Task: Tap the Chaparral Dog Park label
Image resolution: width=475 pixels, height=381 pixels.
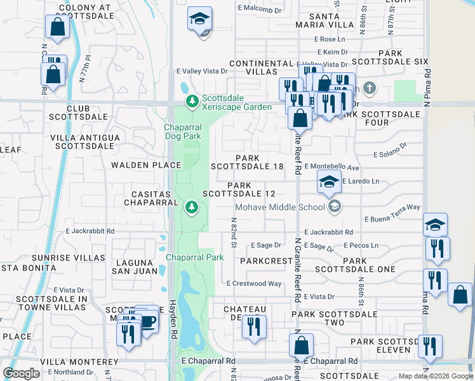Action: pos(183,131)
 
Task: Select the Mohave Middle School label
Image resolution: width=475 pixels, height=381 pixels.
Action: pos(280,207)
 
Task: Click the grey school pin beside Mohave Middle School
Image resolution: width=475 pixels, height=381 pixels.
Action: pos(334,206)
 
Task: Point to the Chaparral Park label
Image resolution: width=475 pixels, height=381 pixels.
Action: pos(195,257)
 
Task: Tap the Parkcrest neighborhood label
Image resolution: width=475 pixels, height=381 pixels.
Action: pos(265,260)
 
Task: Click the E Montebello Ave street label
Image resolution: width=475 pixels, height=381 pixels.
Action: pos(331,167)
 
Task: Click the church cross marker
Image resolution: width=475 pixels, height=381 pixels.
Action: pos(368,88)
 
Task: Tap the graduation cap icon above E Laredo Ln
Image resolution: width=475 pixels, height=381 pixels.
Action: pos(329,181)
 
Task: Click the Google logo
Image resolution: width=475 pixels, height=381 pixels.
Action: pos(21,373)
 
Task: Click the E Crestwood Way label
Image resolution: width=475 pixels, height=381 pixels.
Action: pos(253,284)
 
